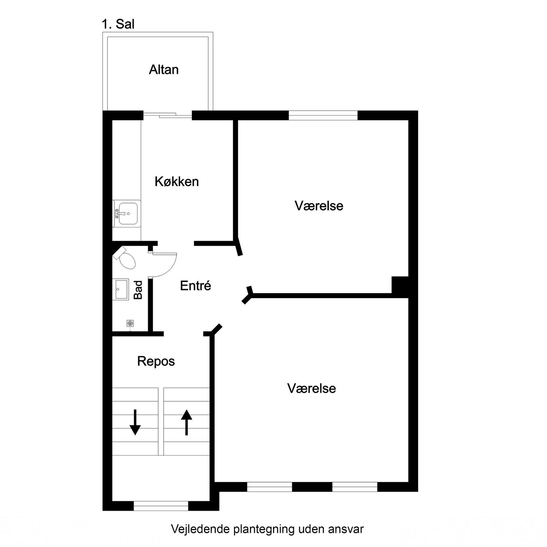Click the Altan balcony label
point(164,70)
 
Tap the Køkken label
point(177,181)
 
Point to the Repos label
point(156,361)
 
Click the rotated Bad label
point(138,290)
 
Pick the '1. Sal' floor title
point(118,24)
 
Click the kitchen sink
point(127,214)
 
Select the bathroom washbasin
point(122,289)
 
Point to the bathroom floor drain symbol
point(130,324)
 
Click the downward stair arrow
point(135,422)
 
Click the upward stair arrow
point(186,422)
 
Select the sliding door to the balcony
point(168,115)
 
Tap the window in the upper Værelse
point(323,115)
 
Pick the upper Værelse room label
point(319,206)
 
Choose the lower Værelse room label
point(311,388)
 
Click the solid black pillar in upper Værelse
point(400,285)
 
